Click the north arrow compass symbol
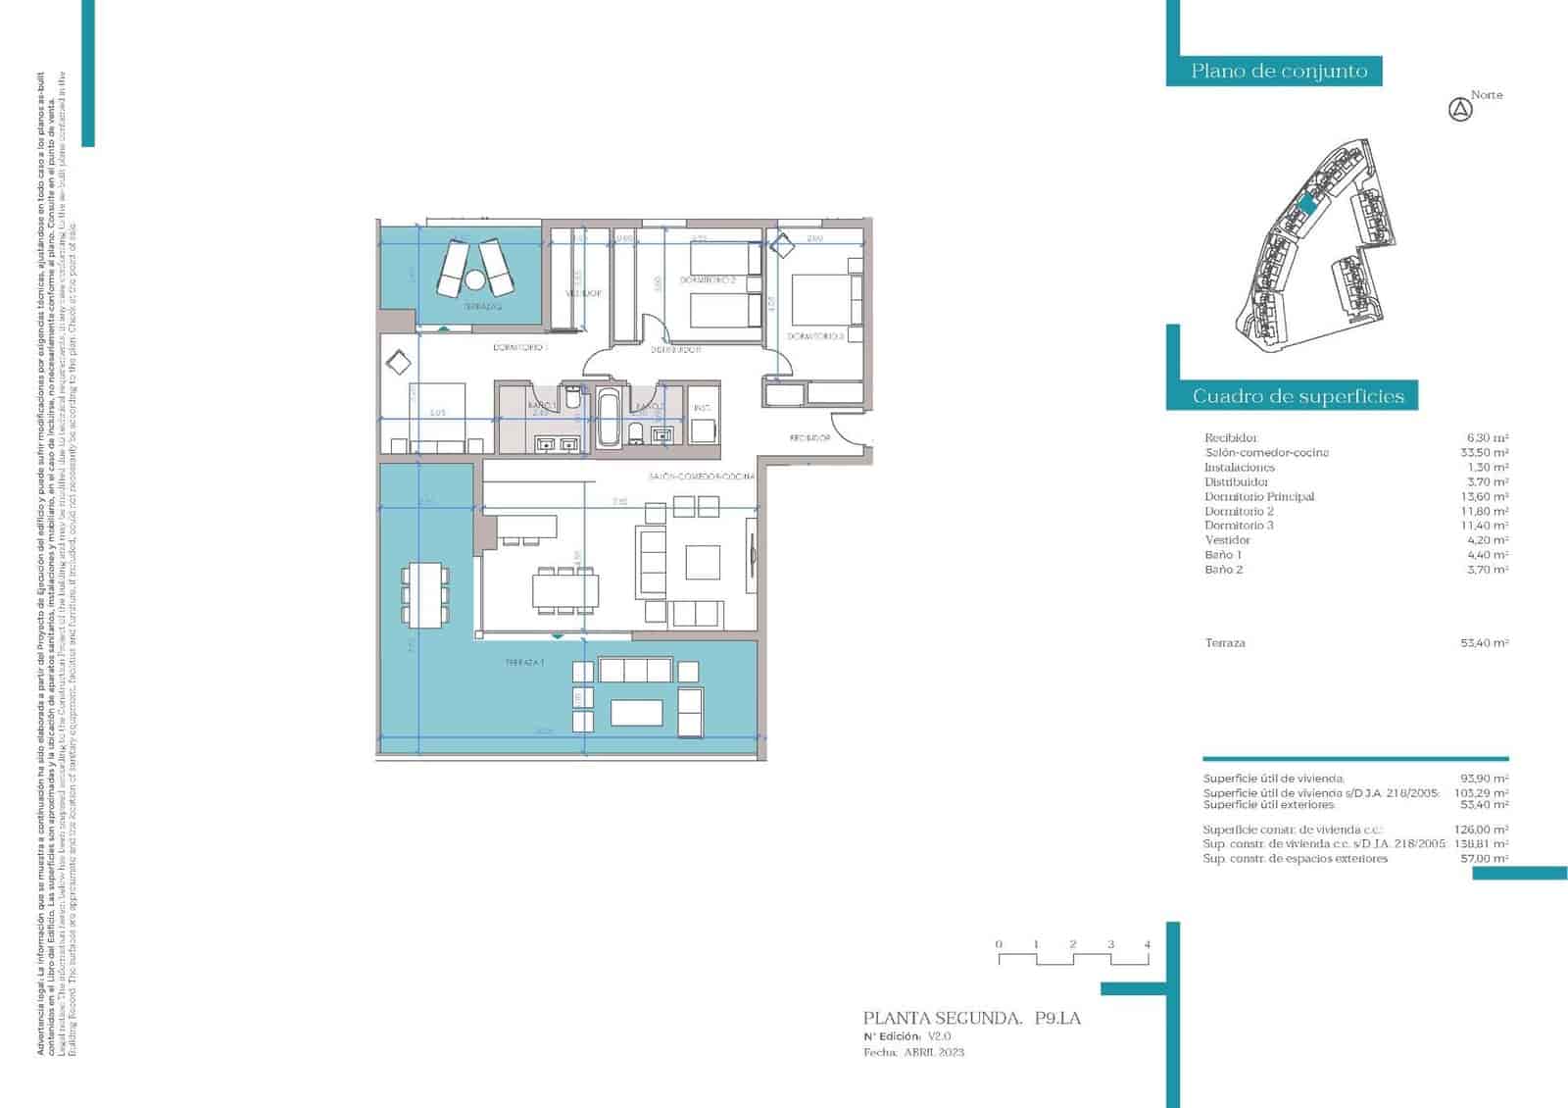click(x=1460, y=110)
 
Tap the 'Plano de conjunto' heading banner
click(x=1279, y=71)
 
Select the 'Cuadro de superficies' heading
click(x=1298, y=396)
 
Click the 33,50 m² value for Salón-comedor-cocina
click(x=1484, y=453)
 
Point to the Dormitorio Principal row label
click(x=1259, y=497)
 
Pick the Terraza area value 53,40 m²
click(x=1484, y=643)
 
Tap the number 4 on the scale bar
click(x=1148, y=945)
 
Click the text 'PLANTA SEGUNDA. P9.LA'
click(x=971, y=1019)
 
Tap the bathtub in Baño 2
click(x=608, y=417)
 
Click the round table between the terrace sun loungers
click(x=475, y=280)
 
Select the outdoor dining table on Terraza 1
click(x=424, y=595)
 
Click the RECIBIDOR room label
click(x=810, y=438)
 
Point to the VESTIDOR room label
click(x=582, y=293)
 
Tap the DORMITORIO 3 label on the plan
click(x=815, y=336)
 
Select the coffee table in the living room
click(x=703, y=563)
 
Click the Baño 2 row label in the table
click(x=1224, y=570)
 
